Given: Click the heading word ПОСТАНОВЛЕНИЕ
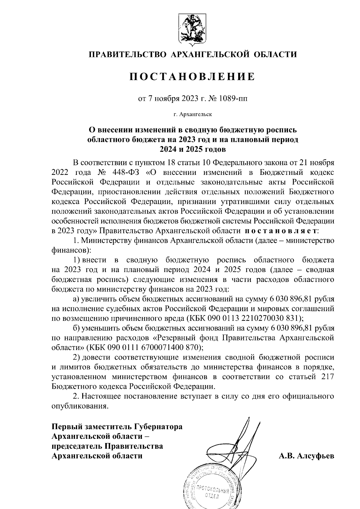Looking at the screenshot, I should pos(192,77).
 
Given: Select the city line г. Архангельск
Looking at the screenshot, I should pos(192,114).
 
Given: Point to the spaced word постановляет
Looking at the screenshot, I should pos(281,231).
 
